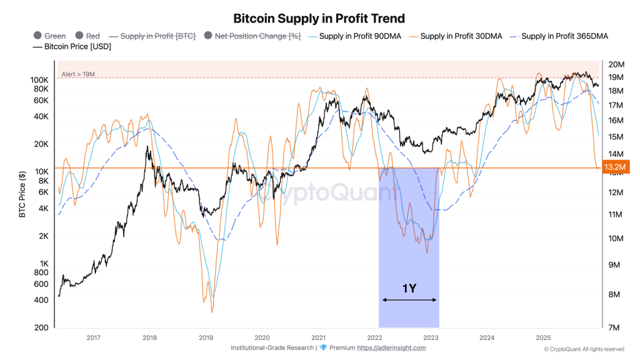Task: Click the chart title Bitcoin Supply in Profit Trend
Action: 319,19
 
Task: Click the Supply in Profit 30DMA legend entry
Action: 454,36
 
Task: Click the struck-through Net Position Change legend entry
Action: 252,36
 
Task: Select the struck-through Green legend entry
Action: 49,36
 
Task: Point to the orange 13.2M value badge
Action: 612,167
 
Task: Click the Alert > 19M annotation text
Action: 78,75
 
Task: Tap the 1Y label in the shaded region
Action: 409,288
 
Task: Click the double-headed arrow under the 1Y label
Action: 409,300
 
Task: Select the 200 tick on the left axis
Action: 42,327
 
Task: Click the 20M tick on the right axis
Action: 616,64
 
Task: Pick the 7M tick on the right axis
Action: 614,327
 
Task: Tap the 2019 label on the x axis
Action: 206,337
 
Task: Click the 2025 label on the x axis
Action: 542,337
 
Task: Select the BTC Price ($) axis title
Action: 22,194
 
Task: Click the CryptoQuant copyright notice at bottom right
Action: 583,349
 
